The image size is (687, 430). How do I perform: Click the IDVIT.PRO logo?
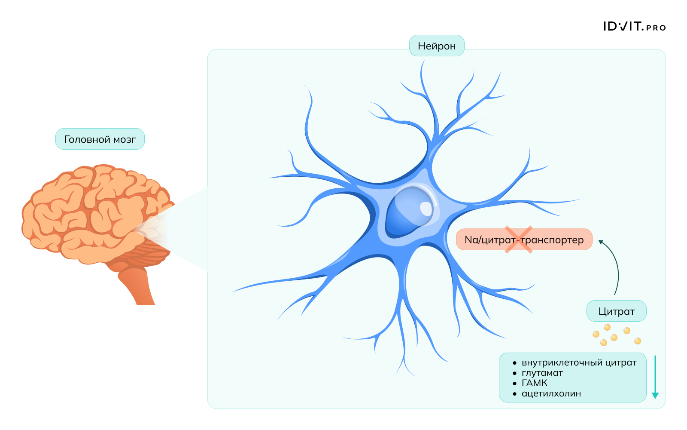click(634, 27)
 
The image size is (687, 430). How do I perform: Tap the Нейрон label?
click(437, 46)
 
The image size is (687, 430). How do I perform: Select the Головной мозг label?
click(100, 139)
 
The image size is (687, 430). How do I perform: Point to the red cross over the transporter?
click(519, 240)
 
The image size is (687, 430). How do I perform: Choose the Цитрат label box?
click(616, 311)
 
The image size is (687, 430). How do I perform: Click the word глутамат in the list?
click(542, 373)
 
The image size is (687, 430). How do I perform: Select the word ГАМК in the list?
click(535, 383)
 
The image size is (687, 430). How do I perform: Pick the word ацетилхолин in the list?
click(551, 393)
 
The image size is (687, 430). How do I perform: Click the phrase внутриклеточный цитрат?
click(579, 362)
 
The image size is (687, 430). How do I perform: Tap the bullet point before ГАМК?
click(515, 383)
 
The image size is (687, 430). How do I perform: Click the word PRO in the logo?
click(656, 28)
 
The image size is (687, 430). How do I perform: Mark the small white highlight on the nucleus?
click(426, 209)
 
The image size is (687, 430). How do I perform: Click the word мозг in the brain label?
click(125, 139)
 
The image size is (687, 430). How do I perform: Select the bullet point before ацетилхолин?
click(515, 393)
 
